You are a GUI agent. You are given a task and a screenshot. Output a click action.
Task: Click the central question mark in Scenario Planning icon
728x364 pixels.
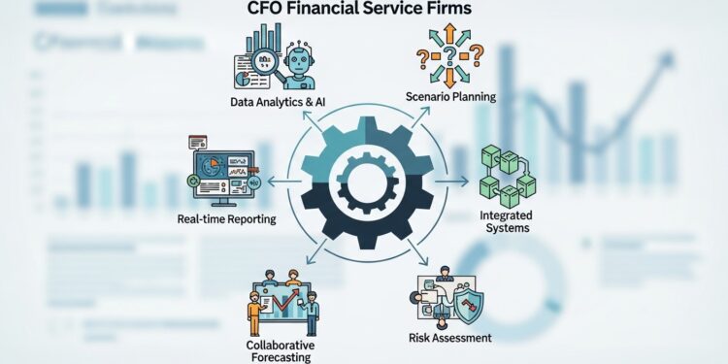click(449, 56)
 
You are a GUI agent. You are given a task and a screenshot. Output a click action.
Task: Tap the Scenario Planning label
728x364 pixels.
click(450, 96)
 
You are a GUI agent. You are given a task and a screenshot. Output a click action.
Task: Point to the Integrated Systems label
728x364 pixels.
click(505, 220)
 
